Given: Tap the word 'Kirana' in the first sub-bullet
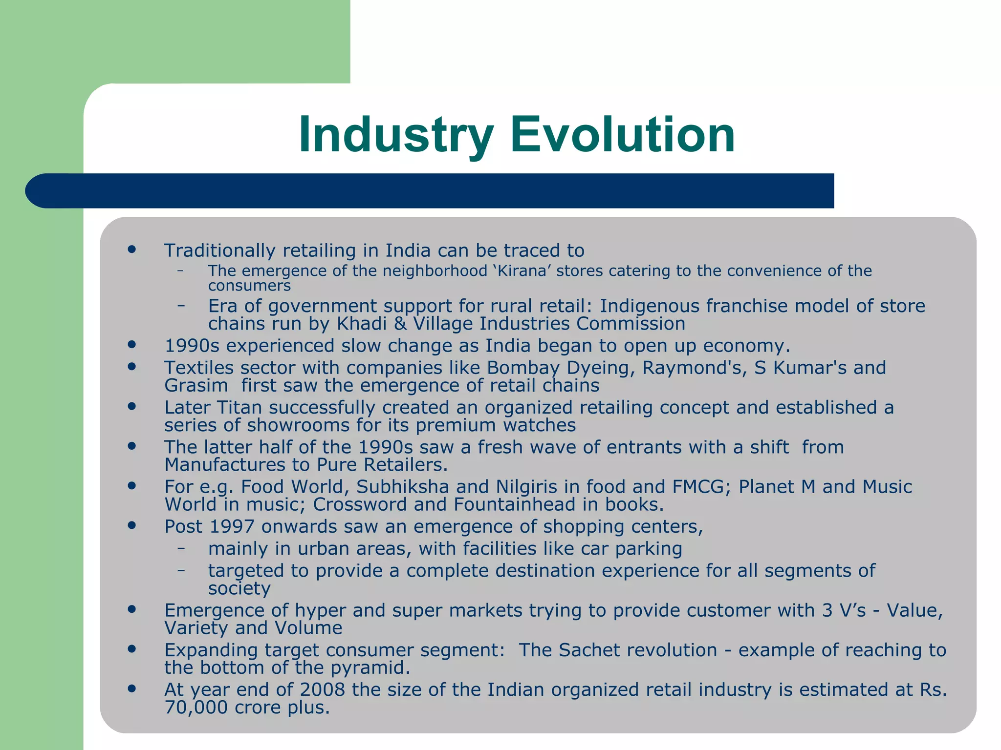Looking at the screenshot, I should click(522, 271).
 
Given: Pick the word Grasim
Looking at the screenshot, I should click(196, 386).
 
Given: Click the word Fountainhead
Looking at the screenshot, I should click(514, 504).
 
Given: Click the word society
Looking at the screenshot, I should click(239, 588).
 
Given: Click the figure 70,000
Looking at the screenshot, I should click(196, 708).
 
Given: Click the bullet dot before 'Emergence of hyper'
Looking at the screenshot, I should click(131, 609).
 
